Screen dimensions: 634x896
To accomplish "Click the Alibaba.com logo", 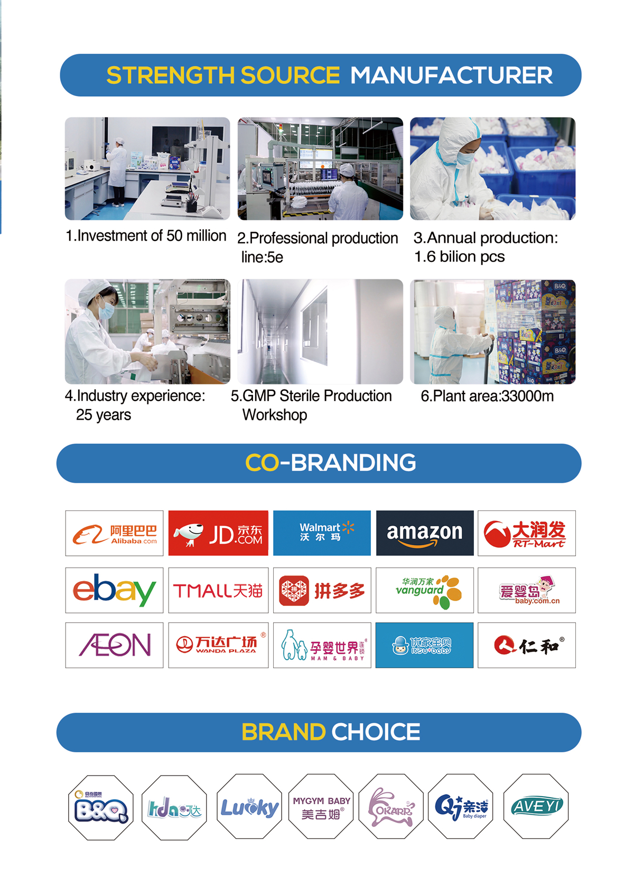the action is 115,533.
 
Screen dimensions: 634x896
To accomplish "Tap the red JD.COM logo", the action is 218,533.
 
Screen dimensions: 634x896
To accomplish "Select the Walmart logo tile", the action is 322,533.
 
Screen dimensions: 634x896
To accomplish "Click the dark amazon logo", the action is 424,533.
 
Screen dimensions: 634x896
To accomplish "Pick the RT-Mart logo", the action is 526,533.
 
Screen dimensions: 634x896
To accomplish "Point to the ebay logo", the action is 115,590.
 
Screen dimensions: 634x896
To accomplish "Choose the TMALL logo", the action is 218,590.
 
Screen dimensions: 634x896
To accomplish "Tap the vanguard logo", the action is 424,590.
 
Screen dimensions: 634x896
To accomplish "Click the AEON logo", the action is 115,645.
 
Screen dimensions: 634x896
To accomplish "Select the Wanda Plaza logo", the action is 218,645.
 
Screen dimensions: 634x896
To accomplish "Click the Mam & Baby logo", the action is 322,645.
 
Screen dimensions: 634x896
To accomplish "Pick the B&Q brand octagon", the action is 101,807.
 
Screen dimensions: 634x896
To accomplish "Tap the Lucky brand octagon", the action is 249,806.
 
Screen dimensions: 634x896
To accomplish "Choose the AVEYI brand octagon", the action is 536,806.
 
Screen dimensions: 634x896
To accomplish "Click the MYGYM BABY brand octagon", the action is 321,806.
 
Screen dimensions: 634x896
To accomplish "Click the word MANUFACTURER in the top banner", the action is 451,75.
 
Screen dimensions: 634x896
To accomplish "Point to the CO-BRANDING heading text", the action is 330,463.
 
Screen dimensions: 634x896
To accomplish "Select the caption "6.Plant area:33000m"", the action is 487,396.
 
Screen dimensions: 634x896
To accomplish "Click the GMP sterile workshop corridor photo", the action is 320,332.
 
